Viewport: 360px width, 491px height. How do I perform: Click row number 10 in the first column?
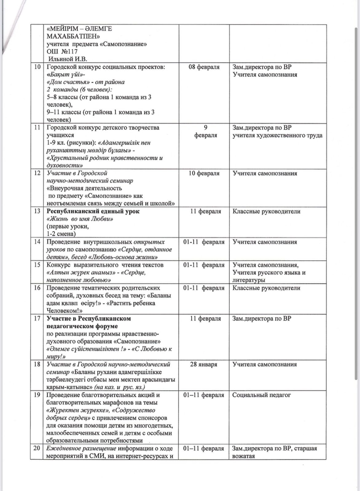point(37,67)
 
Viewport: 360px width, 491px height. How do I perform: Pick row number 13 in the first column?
point(37,212)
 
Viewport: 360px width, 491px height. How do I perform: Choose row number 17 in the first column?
point(37,318)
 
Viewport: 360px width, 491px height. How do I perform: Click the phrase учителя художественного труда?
point(277,135)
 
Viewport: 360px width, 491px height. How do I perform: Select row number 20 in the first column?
point(37,448)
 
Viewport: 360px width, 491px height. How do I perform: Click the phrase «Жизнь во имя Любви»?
point(80,219)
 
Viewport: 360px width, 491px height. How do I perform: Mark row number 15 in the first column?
point(37,265)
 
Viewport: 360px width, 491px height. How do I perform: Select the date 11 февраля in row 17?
point(205,318)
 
